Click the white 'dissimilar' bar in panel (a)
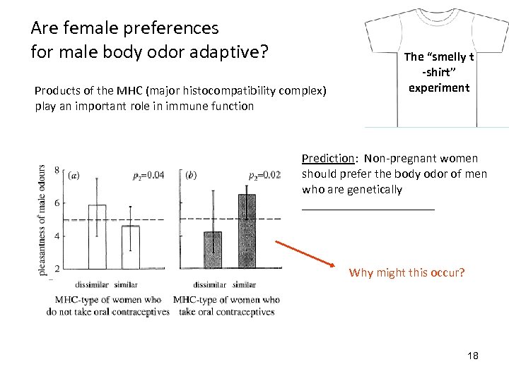tap(97, 236)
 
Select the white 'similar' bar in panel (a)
tap(131, 247)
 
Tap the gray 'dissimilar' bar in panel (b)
tap(213, 250)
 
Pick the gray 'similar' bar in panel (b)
tap(246, 231)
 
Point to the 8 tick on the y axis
tap(56, 170)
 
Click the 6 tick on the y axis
tap(56, 203)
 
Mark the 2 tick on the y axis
tap(56, 268)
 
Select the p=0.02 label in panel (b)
tap(264, 175)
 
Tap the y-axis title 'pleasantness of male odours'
tap(43, 219)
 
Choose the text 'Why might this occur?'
tap(406, 272)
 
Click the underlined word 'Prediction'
tap(327, 158)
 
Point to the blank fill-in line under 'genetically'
tap(368, 207)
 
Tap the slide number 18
tap(472, 356)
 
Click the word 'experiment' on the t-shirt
tap(438, 87)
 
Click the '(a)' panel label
tap(74, 175)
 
